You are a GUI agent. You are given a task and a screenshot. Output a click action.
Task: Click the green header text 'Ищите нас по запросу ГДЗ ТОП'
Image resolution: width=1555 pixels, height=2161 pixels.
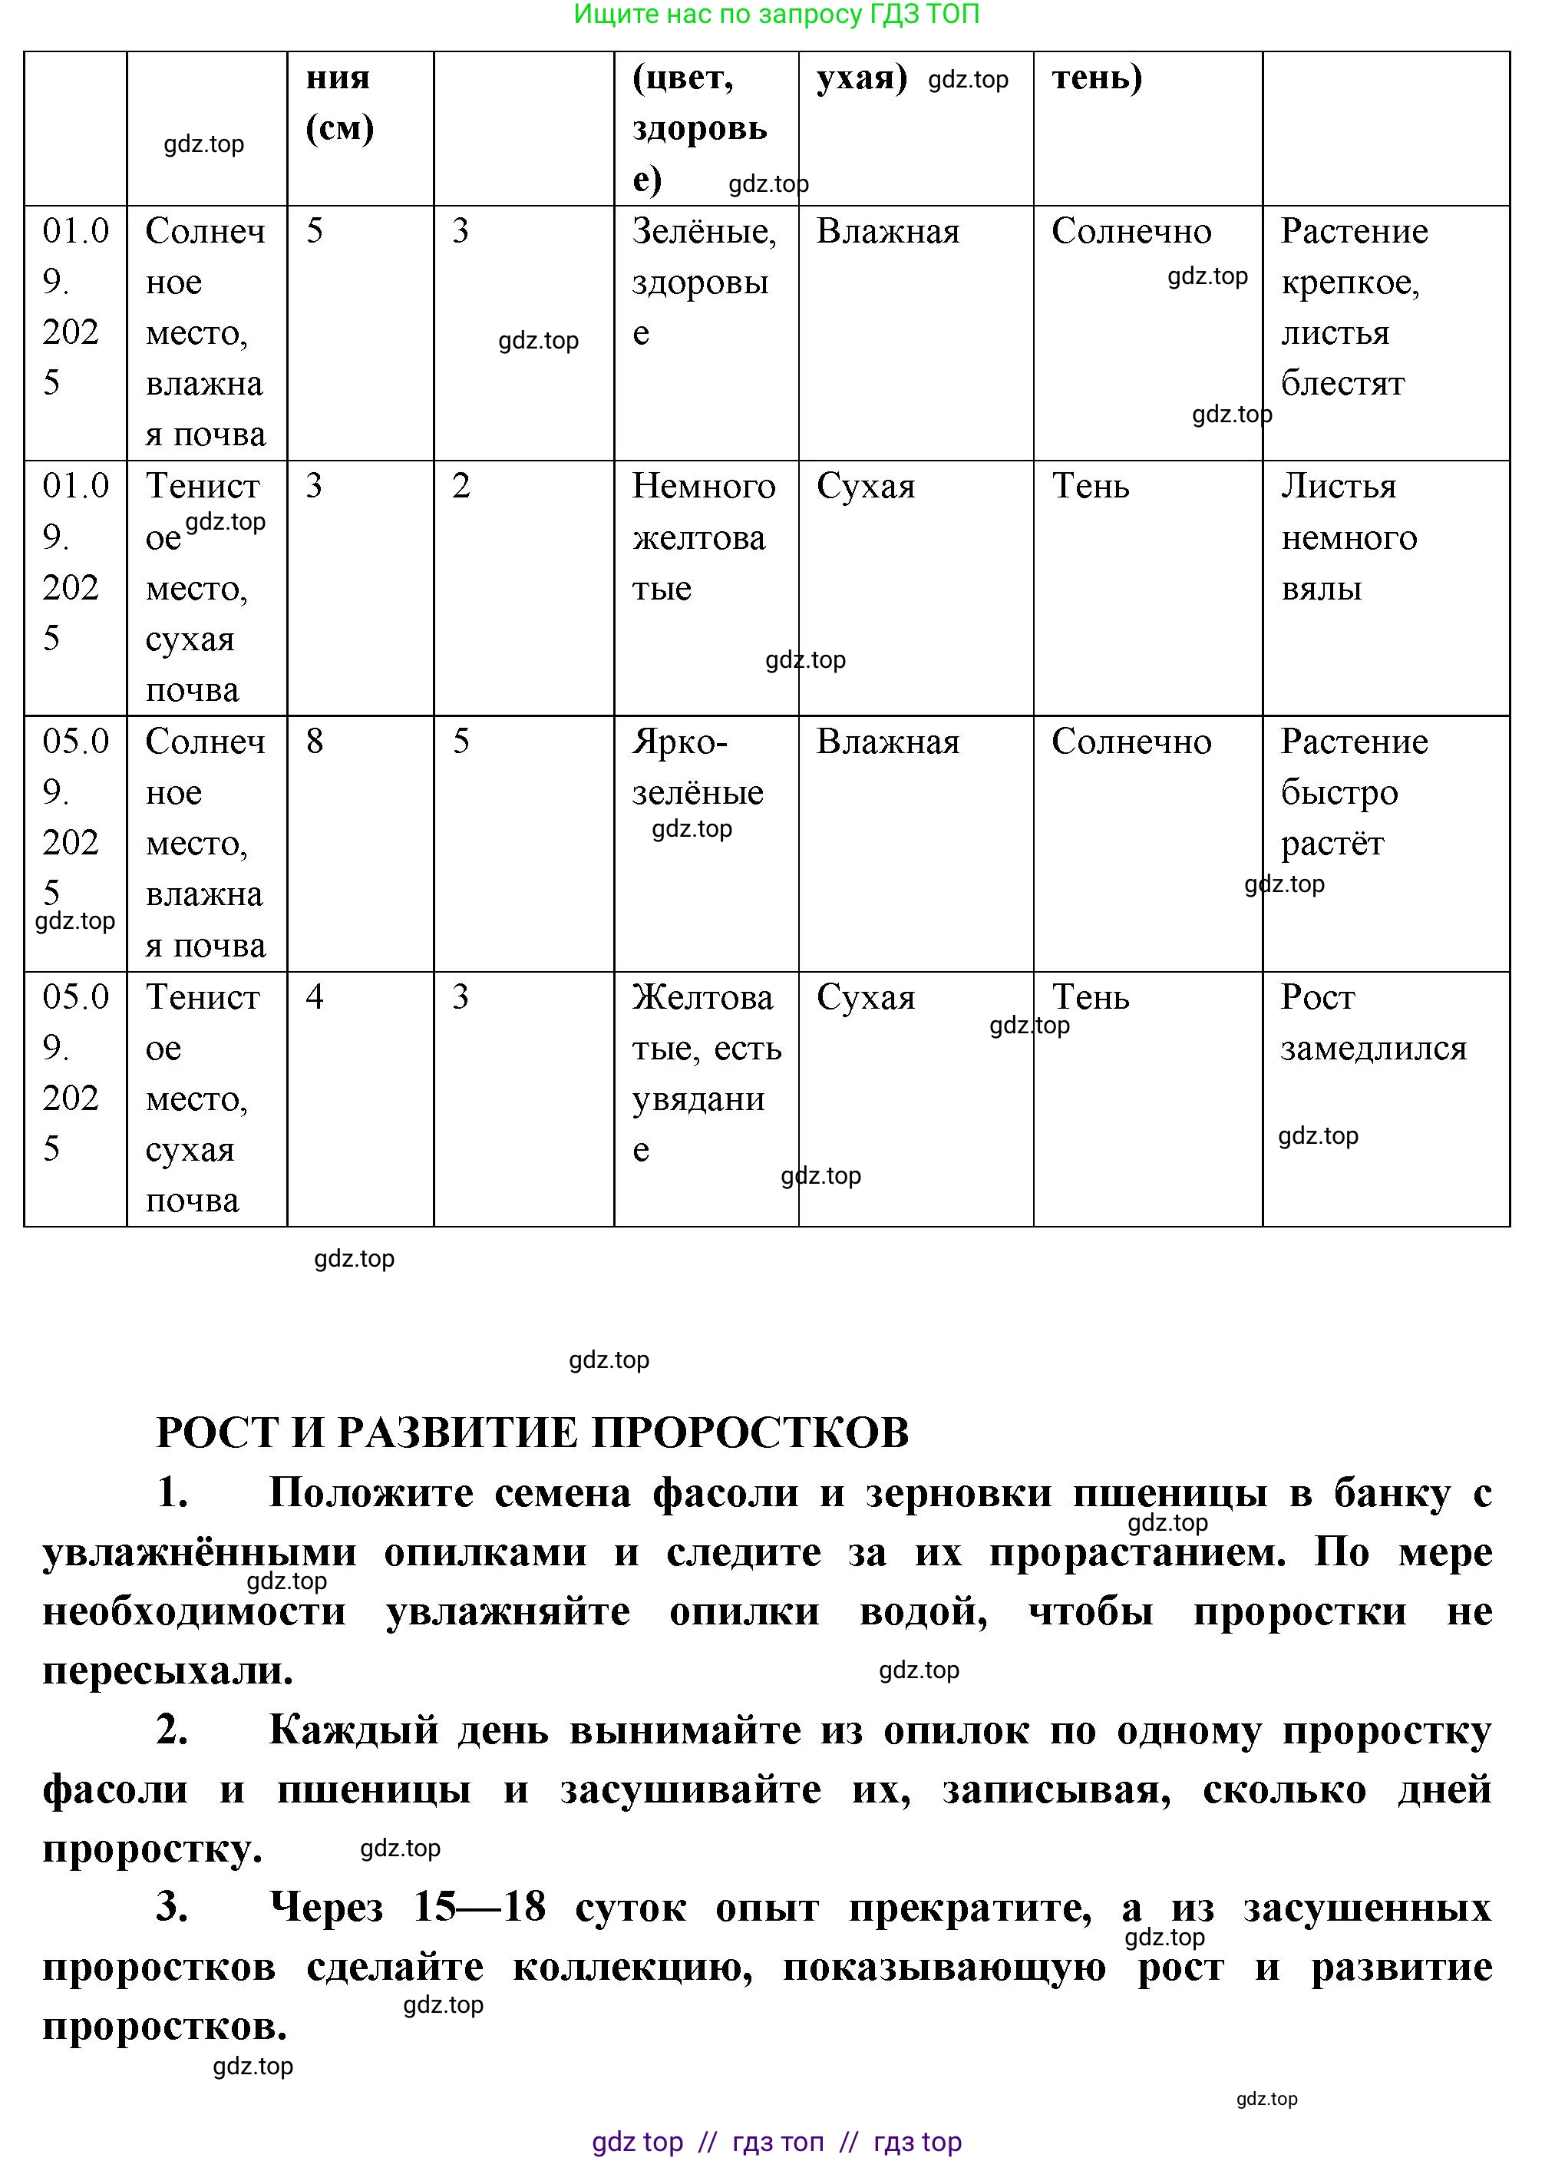point(777,15)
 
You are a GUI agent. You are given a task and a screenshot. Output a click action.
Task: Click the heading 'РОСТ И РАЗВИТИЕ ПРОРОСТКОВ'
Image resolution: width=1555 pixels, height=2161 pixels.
point(533,1432)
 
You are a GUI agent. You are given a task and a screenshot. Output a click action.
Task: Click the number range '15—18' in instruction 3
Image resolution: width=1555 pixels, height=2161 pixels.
point(479,1908)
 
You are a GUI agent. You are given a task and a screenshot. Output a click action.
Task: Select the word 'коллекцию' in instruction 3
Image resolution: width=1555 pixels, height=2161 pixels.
point(632,1967)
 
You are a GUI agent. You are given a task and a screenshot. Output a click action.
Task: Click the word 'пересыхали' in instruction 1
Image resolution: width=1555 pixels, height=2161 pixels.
point(167,1670)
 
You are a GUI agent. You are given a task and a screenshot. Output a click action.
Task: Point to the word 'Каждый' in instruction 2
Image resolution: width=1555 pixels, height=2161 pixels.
point(354,1730)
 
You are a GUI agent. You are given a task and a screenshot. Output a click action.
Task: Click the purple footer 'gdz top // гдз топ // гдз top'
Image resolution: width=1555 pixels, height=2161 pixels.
point(777,2142)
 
